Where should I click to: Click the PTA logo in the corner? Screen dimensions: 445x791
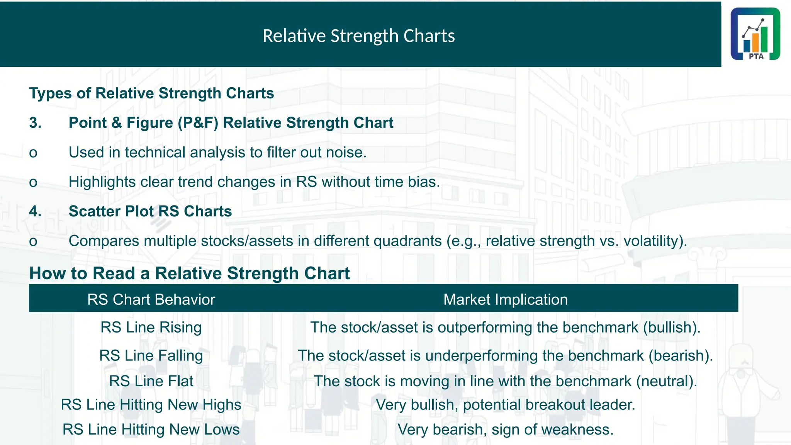[x=755, y=34]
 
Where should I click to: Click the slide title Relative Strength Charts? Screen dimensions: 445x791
[x=358, y=36]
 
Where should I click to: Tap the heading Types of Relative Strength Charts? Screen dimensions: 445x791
[x=151, y=93]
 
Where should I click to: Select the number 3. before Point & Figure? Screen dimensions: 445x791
[x=36, y=123]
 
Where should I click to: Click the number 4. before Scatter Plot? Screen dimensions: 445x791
[x=36, y=211]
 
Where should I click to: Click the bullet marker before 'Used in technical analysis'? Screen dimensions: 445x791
[x=33, y=153]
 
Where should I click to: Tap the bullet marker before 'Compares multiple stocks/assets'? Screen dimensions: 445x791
[x=33, y=241]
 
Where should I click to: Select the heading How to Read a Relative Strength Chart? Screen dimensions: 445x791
[x=189, y=273]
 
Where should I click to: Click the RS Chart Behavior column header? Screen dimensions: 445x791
[x=151, y=299]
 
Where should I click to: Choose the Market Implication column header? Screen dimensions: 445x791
[x=505, y=299]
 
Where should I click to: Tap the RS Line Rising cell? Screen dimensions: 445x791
[x=151, y=328]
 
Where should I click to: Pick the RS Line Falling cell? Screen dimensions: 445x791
[x=151, y=355]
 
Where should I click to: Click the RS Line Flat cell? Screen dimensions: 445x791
[x=151, y=381]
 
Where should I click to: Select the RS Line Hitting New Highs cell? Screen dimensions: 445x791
[x=151, y=405]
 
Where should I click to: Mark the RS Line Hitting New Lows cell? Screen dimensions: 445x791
[x=151, y=430]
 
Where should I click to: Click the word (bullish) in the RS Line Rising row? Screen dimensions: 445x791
[x=671, y=328]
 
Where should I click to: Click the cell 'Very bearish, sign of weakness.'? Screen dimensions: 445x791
[x=505, y=430]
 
